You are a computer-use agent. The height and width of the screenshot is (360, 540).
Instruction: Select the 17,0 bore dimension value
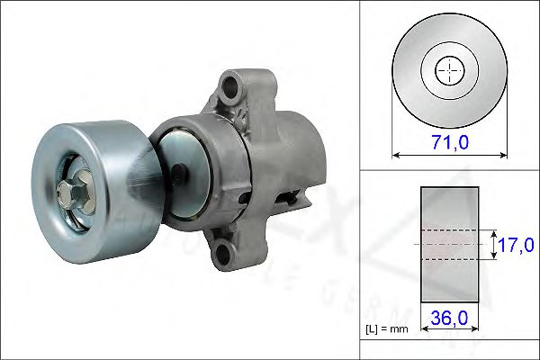pos(517,243)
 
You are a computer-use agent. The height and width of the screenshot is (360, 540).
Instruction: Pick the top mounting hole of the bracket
pos(231,88)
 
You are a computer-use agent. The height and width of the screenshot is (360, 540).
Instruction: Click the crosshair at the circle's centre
pos(449,70)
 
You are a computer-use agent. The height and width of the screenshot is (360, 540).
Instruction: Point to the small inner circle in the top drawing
pos(449,70)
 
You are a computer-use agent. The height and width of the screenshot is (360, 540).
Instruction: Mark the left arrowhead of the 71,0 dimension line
pos(396,155)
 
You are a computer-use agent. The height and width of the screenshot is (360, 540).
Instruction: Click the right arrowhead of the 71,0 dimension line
pos(504,155)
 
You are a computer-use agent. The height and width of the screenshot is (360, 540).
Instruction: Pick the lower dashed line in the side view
pos(450,259)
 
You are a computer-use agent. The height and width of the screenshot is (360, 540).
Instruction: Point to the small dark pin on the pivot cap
pos(183,171)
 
